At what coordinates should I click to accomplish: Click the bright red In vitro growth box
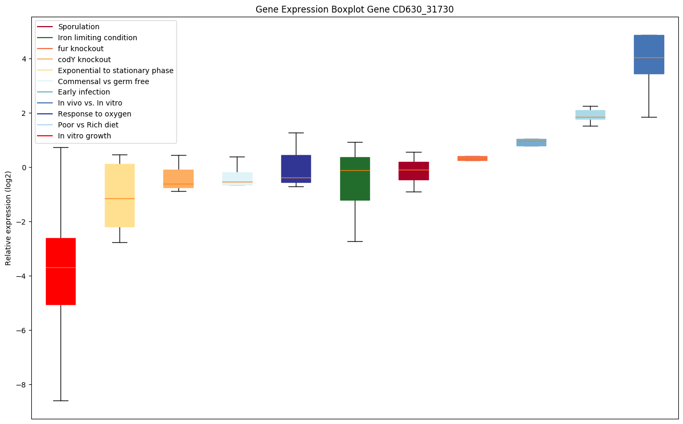(x=61, y=271)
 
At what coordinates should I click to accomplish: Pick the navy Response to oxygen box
(x=296, y=169)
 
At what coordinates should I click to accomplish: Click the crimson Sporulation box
(x=414, y=171)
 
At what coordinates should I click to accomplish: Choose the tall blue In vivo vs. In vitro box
(x=649, y=54)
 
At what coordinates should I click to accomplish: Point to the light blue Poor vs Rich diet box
(x=590, y=115)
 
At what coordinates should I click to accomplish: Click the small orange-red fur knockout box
(x=472, y=158)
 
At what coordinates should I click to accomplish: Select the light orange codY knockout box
(x=178, y=179)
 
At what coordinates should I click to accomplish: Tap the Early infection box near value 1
(x=531, y=142)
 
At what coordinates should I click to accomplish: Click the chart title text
(x=354, y=9)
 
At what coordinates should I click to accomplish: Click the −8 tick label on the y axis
(x=20, y=385)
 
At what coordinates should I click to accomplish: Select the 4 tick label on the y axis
(x=24, y=59)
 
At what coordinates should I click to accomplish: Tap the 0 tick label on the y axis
(x=24, y=168)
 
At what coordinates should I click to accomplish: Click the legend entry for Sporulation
(x=79, y=27)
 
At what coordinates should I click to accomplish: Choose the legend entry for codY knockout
(x=85, y=60)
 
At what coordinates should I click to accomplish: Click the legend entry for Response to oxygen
(x=94, y=114)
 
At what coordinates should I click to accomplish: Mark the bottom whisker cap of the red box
(x=61, y=401)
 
